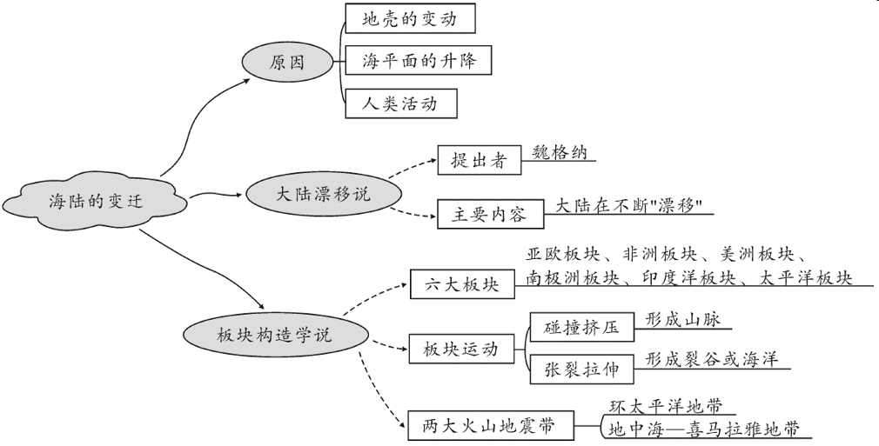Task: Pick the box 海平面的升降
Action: pyautogui.click(x=419, y=61)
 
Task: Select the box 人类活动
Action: pyautogui.click(x=399, y=103)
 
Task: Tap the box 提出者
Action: pyautogui.click(x=478, y=161)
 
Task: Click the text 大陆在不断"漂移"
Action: pyautogui.click(x=628, y=206)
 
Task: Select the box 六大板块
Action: pyautogui.click(x=461, y=284)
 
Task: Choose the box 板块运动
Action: pyautogui.click(x=460, y=349)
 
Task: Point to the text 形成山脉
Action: pyautogui.click(x=683, y=319)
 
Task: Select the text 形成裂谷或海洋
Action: pyautogui.click(x=711, y=359)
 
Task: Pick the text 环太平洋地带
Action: pyautogui.click(x=666, y=406)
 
